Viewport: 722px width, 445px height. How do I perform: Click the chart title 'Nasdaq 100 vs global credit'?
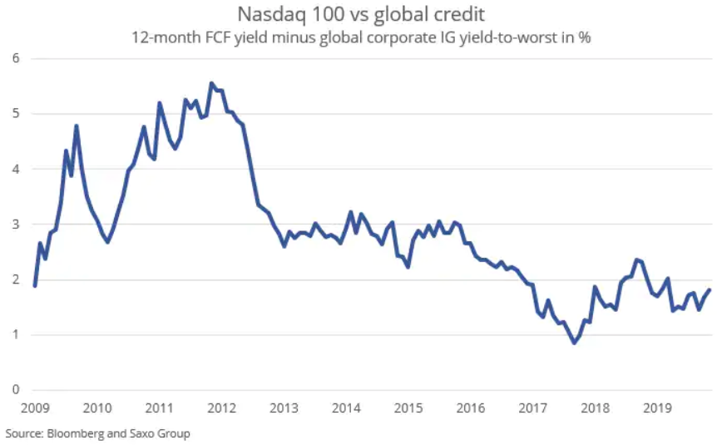tap(361, 14)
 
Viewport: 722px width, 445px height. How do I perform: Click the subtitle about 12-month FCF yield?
tap(361, 37)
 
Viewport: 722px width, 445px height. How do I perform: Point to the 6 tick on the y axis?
tap(15, 58)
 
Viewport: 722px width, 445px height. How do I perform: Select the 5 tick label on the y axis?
tap(15, 114)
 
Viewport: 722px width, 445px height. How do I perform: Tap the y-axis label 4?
tap(15, 169)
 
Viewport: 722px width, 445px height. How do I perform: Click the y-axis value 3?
tap(15, 225)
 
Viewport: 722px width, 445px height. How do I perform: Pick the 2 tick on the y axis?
tap(15, 279)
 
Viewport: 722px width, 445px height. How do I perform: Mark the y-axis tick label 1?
tap(15, 335)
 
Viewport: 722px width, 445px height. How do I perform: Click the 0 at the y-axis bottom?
tap(15, 390)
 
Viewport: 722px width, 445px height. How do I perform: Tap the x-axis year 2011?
tap(159, 408)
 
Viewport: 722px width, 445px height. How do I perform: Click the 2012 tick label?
tap(221, 408)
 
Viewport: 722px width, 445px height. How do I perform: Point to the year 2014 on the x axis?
tap(346, 408)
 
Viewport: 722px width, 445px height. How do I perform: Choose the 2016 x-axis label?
tap(471, 408)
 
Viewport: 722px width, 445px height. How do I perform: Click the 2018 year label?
tap(596, 408)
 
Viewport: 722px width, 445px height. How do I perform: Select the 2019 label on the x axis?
tap(658, 408)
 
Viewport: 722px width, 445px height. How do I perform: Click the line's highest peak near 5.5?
tap(211, 83)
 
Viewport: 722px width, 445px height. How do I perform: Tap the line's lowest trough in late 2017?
tap(574, 343)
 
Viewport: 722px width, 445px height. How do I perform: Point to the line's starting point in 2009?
tap(34, 285)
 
